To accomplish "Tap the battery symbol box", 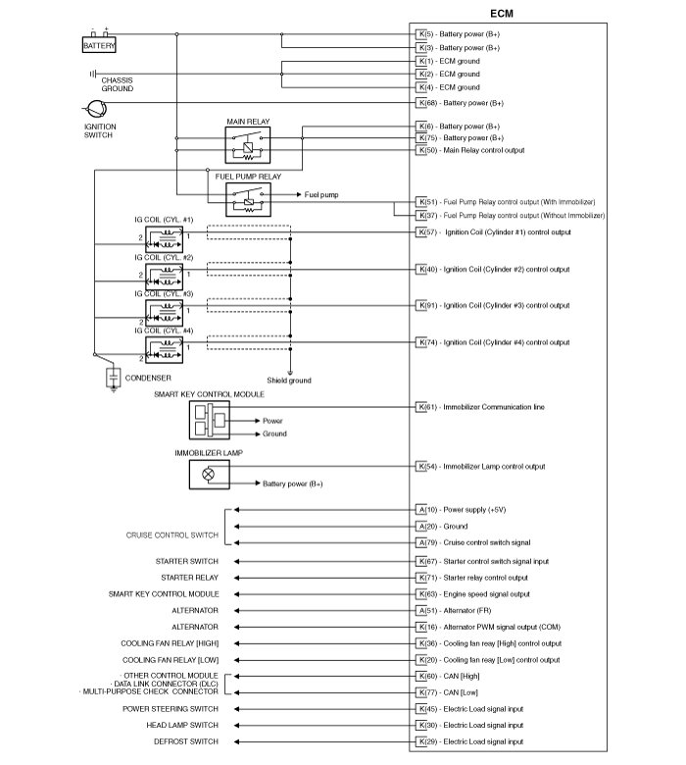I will (x=99, y=45).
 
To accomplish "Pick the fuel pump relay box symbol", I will (x=248, y=201).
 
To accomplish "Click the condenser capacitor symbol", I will (x=114, y=377).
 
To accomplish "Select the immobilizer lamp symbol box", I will (x=209, y=473).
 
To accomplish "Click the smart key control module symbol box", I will (x=209, y=421).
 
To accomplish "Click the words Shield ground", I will (x=289, y=381).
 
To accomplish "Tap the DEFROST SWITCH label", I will (x=184, y=741).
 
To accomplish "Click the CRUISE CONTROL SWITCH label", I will (x=171, y=535).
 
